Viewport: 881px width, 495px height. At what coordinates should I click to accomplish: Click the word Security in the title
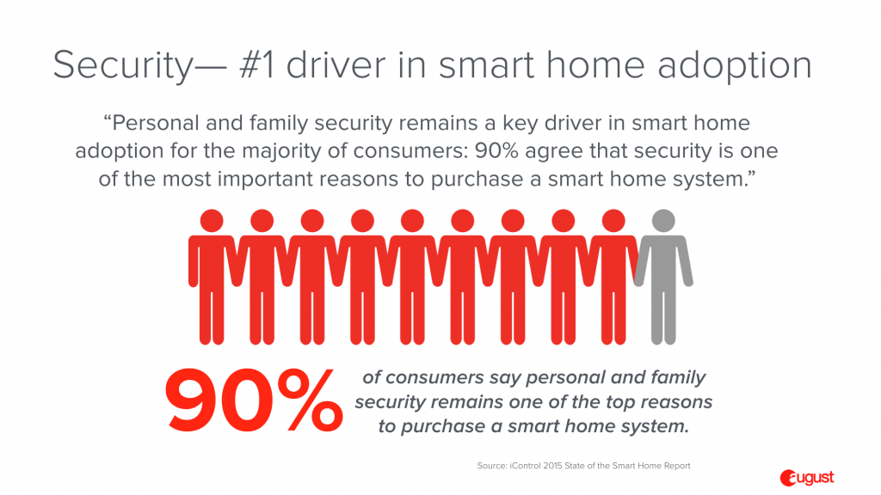pos(123,65)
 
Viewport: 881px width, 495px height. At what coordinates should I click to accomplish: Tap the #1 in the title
pos(257,64)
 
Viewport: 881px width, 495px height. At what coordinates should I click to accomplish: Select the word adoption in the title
pos(735,66)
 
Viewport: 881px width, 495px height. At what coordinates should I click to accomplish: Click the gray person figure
pos(663,277)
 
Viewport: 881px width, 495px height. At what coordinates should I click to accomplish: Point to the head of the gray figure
pos(663,221)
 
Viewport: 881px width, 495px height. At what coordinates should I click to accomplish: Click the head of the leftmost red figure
pos(212,221)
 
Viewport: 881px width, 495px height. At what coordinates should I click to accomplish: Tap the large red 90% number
pos(254,400)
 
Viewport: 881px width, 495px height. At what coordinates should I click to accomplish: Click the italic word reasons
pos(676,402)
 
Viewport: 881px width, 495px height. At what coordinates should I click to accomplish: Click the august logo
pos(807,478)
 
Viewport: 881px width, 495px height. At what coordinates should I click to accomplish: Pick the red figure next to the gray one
pos(613,277)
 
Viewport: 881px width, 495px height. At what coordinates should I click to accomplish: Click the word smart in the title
pos(487,65)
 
